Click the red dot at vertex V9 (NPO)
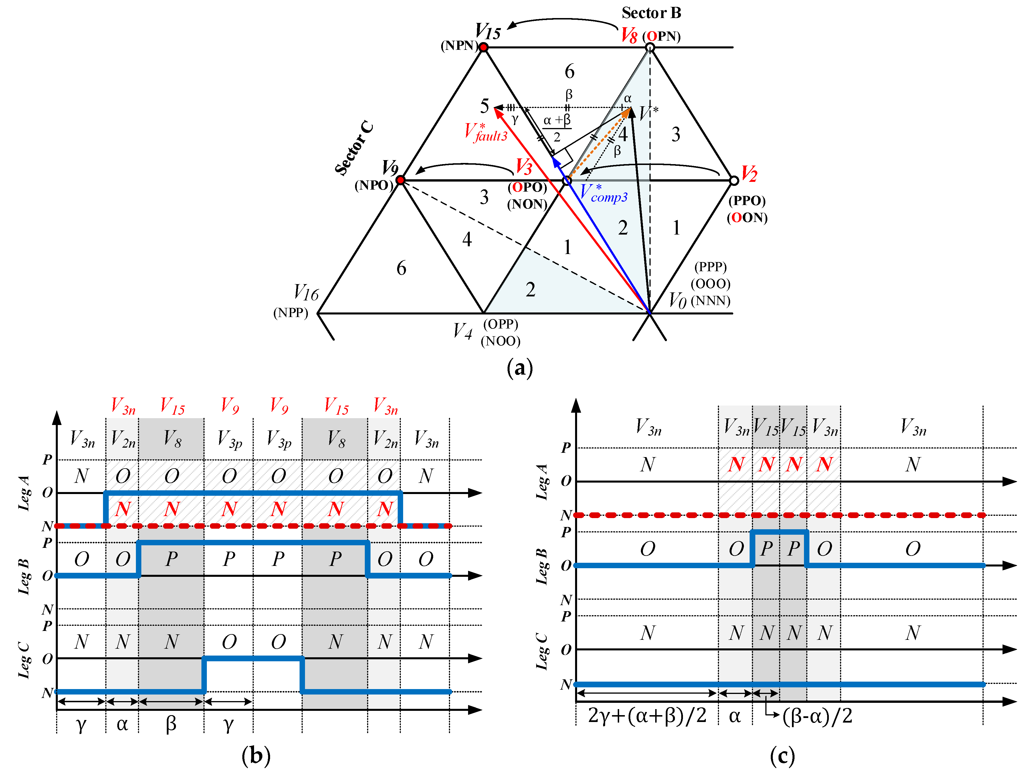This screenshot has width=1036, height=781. coord(401,180)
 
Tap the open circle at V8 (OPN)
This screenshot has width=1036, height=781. coord(649,47)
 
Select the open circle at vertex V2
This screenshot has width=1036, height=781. coord(734,180)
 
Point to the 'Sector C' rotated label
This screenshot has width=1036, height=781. coord(354,148)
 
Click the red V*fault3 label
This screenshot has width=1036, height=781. coord(486,132)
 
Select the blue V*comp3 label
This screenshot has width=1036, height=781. coord(603,193)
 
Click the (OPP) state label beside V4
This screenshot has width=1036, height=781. coord(501,324)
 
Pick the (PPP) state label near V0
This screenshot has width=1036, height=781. coord(710,267)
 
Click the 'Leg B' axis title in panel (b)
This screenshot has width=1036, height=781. coord(24,576)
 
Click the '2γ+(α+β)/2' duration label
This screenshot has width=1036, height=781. coord(647,716)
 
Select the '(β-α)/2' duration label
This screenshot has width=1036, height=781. coord(817,716)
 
